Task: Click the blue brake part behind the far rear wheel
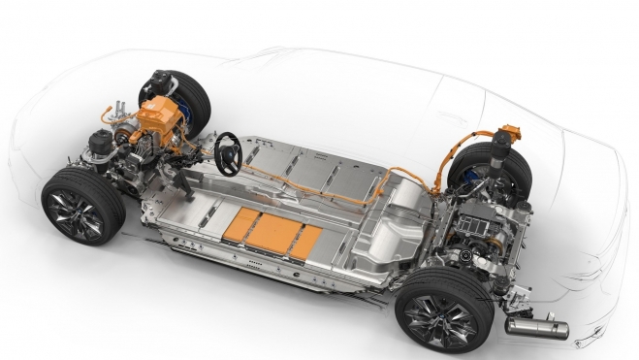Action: tap(478, 178)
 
